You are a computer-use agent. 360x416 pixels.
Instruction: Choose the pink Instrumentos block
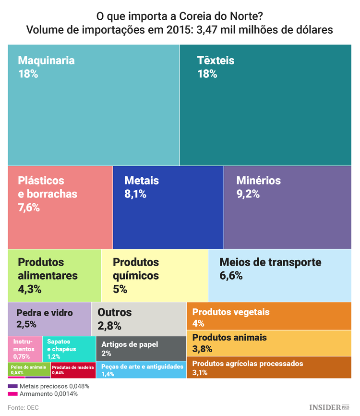25,349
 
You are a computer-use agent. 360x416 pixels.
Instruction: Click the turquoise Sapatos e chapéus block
69,349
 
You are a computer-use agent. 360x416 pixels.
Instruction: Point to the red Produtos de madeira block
72,370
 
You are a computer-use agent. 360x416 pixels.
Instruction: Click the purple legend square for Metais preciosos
12,386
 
